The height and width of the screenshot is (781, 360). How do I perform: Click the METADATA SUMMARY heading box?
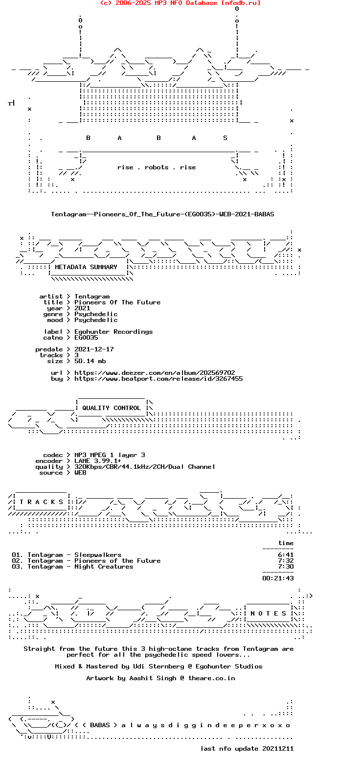(x=86, y=267)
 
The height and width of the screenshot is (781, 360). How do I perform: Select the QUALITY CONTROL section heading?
(x=112, y=408)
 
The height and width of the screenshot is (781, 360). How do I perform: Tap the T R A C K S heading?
(x=42, y=502)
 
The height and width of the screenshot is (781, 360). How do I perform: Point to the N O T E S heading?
(x=269, y=613)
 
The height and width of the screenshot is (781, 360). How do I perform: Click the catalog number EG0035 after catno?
(x=86, y=338)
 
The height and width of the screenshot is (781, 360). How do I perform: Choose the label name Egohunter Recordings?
(x=113, y=332)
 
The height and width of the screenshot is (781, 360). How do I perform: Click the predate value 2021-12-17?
(x=94, y=349)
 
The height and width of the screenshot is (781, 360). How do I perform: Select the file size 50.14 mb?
(x=90, y=361)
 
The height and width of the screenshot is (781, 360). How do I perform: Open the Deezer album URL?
(x=155, y=373)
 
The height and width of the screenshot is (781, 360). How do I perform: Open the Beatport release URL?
(x=158, y=379)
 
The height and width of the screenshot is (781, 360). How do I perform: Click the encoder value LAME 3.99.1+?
(x=98, y=461)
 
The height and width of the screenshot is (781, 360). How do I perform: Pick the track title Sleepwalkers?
(x=98, y=555)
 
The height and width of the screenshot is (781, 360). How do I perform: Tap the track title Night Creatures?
(x=104, y=567)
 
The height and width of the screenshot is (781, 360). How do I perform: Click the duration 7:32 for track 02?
(x=286, y=561)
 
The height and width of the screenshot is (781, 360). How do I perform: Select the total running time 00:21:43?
(x=278, y=578)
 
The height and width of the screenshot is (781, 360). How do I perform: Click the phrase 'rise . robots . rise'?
(x=157, y=167)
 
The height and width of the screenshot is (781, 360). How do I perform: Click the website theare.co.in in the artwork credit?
(x=212, y=678)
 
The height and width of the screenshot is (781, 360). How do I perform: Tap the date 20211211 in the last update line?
(x=278, y=749)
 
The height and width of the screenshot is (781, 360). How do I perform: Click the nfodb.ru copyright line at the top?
(x=180, y=3)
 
